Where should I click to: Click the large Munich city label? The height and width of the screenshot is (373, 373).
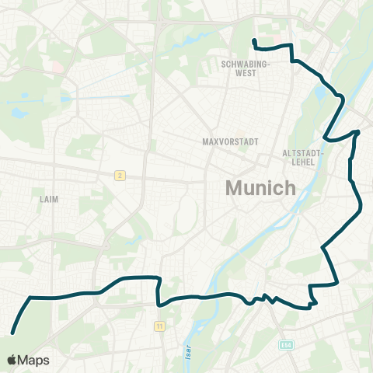(x=260, y=188)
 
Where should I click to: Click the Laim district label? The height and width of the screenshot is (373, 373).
(x=48, y=199)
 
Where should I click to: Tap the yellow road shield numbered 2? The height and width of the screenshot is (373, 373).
(x=119, y=175)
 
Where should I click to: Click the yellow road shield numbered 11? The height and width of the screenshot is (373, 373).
(x=159, y=325)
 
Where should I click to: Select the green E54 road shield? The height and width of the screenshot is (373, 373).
(x=286, y=344)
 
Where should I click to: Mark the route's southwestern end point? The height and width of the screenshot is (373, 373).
(x=12, y=333)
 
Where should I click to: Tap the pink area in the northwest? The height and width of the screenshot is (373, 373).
(x=58, y=67)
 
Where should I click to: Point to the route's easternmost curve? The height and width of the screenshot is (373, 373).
(x=361, y=207)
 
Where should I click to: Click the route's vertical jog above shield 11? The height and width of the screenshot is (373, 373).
(x=158, y=291)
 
